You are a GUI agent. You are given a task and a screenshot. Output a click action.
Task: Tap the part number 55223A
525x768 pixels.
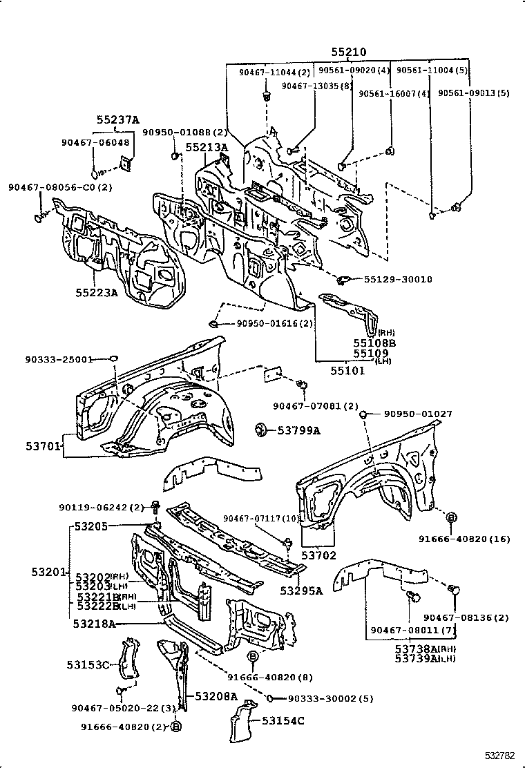[x=97, y=292]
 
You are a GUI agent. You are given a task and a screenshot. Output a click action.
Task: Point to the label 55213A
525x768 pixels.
[x=206, y=146]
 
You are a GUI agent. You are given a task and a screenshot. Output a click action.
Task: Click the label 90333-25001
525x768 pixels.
[x=58, y=359]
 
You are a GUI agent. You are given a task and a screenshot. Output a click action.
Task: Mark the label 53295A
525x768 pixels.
[x=301, y=591]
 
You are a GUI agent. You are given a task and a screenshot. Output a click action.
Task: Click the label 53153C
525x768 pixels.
[x=88, y=664]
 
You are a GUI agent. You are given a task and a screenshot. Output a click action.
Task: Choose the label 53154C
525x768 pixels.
[x=283, y=721]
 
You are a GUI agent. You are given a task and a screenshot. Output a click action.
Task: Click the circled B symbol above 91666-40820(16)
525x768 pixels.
[x=450, y=517]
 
